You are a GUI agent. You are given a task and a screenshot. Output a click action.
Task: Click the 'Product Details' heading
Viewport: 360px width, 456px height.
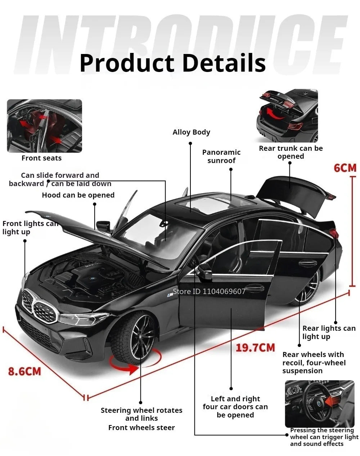[172, 63]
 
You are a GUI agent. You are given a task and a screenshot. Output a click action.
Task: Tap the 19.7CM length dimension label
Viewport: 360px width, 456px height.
[255, 348]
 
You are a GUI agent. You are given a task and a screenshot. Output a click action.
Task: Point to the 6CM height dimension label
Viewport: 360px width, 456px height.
[345, 168]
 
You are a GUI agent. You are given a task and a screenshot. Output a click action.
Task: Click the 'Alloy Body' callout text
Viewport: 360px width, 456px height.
[191, 132]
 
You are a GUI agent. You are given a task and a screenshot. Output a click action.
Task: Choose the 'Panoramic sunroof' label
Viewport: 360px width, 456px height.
[221, 157]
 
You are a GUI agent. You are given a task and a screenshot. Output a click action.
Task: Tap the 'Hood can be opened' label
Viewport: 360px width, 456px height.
[78, 195]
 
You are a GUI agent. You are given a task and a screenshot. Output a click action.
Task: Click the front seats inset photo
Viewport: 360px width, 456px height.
[45, 126]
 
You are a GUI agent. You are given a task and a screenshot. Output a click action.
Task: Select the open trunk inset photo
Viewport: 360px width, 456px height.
[289, 116]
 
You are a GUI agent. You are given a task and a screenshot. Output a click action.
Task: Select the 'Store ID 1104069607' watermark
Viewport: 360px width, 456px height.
[209, 292]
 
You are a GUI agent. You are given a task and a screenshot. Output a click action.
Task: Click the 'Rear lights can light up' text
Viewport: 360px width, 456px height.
[329, 333]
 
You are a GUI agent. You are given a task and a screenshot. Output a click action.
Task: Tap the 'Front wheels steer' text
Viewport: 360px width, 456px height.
[141, 428]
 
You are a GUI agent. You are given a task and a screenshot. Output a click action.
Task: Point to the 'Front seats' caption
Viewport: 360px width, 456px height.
[41, 158]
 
